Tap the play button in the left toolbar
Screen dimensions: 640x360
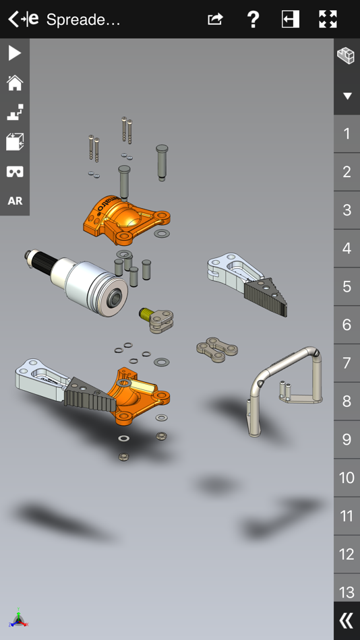pos(14,53)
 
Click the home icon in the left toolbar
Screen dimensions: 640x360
pos(14,83)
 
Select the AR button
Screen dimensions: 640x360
pos(14,201)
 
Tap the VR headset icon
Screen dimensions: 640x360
pos(14,172)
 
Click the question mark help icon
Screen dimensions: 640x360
pos(253,20)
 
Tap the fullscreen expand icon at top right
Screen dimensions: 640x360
pos(328,20)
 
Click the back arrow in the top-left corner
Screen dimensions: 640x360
pos(13,20)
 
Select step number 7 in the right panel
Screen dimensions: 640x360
pos(347,363)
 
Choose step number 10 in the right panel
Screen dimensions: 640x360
pos(347,478)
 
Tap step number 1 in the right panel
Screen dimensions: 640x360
pos(347,133)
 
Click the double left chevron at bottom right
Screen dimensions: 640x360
pos(347,620)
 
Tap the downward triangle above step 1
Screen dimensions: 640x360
pos(347,96)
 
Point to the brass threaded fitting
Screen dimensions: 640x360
pos(144,313)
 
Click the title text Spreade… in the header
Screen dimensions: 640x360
pos(83,20)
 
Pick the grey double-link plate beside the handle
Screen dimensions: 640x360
pos(217,349)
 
